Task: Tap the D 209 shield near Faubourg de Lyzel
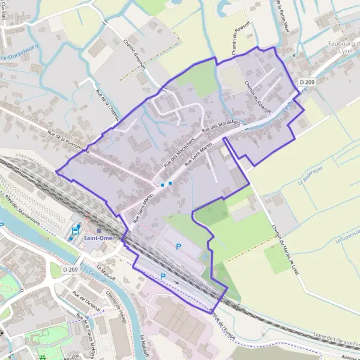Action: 306,82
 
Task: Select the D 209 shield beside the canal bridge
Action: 70,269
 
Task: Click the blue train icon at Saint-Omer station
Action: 76,230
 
